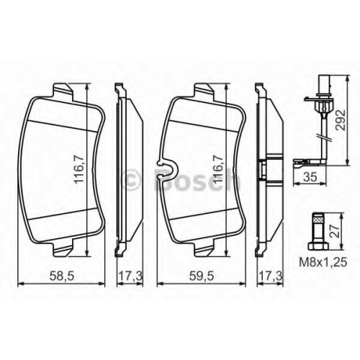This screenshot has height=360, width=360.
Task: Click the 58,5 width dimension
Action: click(x=61, y=276)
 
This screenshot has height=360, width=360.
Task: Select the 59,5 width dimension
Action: click(x=201, y=276)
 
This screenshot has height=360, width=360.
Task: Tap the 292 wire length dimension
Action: click(x=340, y=120)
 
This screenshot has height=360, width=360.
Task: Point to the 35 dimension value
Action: click(x=310, y=177)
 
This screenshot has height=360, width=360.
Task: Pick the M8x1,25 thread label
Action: click(x=323, y=262)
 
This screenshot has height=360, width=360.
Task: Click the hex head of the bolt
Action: click(x=318, y=246)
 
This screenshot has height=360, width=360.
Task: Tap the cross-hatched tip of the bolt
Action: click(x=318, y=217)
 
